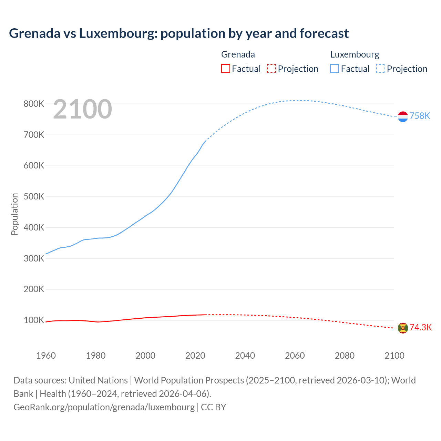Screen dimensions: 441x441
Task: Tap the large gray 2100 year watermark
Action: pyautogui.click(x=82, y=109)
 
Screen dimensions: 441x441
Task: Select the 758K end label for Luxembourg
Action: pyautogui.click(x=420, y=116)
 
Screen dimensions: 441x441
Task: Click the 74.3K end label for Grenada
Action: pyautogui.click(x=420, y=327)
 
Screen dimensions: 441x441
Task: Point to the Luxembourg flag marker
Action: pyautogui.click(x=403, y=117)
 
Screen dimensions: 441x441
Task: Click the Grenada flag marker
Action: pyautogui.click(x=403, y=328)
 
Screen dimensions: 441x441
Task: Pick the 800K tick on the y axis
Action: pyautogui.click(x=34, y=104)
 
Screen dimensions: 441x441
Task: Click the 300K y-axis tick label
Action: pyautogui.click(x=34, y=258)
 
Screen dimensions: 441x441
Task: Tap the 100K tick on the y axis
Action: pyautogui.click(x=34, y=320)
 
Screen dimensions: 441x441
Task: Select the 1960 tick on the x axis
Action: pyautogui.click(x=46, y=356)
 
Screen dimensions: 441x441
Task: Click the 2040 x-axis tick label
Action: pyautogui.click(x=245, y=356)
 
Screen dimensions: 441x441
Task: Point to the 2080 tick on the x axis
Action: pyautogui.click(x=345, y=356)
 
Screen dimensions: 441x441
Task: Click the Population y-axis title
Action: pyautogui.click(x=14, y=214)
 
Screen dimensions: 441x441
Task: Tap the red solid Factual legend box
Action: pyautogui.click(x=225, y=69)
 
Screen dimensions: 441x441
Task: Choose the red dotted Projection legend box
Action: pyautogui.click(x=271, y=69)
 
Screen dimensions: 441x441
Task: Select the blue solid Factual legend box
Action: pyautogui.click(x=335, y=69)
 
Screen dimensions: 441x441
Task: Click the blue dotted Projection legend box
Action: pyautogui.click(x=380, y=69)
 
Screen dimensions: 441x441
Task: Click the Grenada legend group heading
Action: pyautogui.click(x=238, y=54)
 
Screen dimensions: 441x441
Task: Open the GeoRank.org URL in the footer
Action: pyautogui.click(x=104, y=407)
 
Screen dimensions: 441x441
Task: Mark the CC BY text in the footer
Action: pyautogui.click(x=214, y=407)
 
